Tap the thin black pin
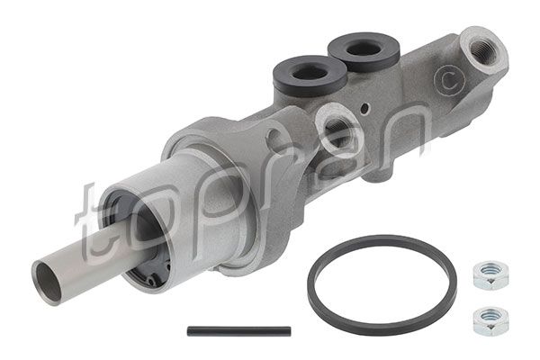(238, 331)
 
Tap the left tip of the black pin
(191, 332)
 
